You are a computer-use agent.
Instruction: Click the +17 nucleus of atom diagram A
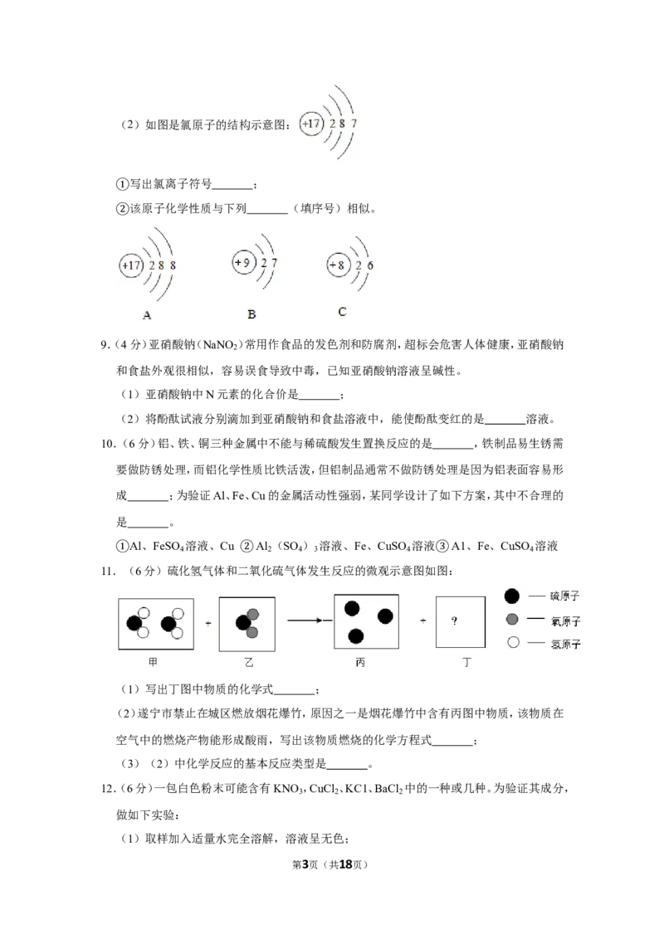tap(131, 265)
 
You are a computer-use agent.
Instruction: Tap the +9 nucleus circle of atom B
tap(243, 262)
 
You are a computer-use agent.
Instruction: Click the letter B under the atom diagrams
tap(251, 314)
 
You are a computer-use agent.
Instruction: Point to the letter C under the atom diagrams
tap(342, 311)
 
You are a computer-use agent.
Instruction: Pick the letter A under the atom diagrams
tap(147, 315)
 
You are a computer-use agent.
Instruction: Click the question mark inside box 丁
tap(454, 621)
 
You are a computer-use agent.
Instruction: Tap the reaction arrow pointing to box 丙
tap(310, 620)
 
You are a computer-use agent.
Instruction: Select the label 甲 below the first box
tap(153, 662)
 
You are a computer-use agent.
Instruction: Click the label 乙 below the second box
tap(249, 662)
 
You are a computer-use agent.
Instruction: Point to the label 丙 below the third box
tap(360, 662)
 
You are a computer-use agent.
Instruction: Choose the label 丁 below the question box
tap(466, 662)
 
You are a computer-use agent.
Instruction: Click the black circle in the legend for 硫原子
tap(512, 596)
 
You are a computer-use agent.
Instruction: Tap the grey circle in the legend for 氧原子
tap(512, 619)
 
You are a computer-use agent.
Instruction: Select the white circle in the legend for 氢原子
tap(513, 643)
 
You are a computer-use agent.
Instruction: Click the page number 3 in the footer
tap(305, 864)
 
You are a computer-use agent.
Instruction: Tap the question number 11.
tap(108, 572)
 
